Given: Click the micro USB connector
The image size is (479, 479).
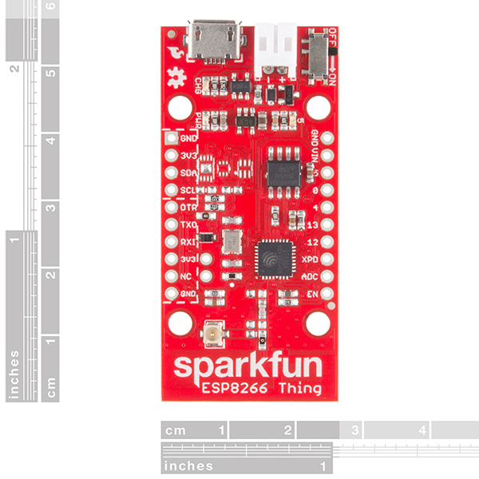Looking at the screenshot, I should click(213, 41).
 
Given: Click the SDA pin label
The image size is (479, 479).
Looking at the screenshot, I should click(188, 172).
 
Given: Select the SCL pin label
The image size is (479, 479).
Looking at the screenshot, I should click(188, 190).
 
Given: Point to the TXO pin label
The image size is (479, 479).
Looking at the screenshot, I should click(188, 226).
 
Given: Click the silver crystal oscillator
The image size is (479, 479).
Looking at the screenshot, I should click(232, 241).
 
